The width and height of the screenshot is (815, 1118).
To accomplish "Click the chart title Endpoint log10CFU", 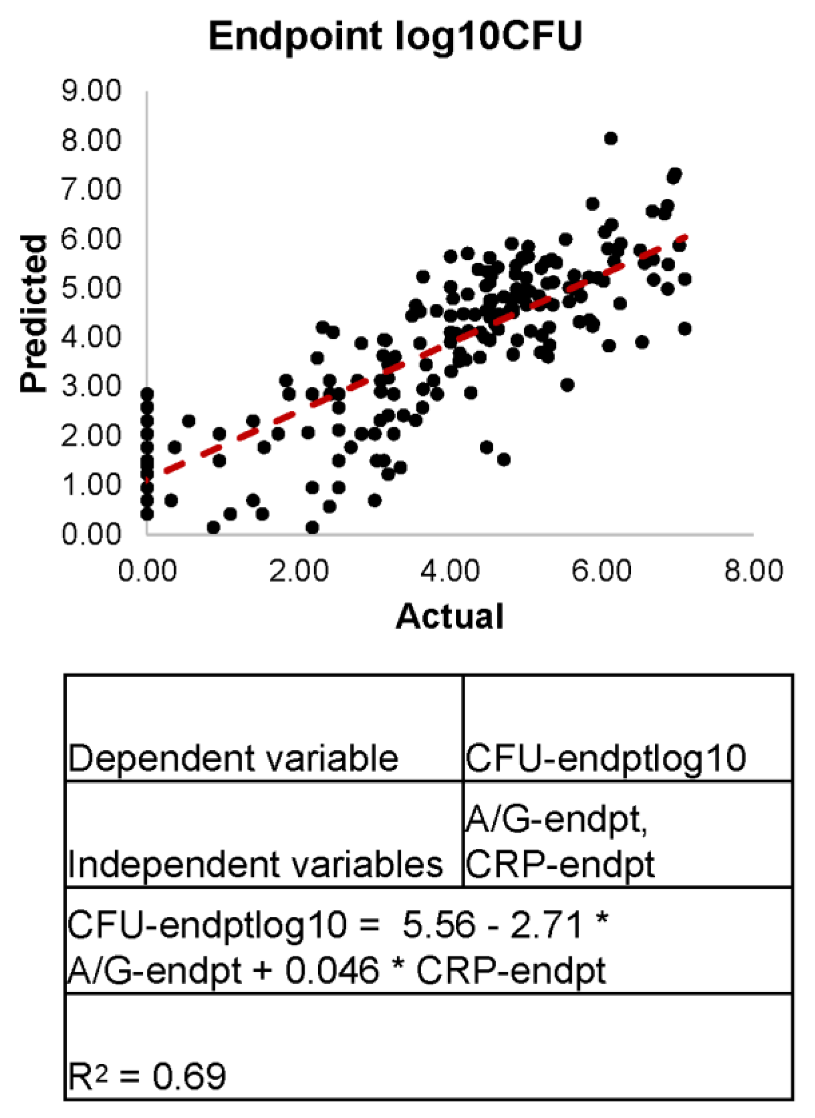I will tap(395, 37).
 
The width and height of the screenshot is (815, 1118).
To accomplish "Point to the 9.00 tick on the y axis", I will tap(91, 91).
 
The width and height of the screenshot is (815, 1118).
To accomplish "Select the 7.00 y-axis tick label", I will tap(91, 189).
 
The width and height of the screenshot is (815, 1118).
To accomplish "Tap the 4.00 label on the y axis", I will tap(91, 337).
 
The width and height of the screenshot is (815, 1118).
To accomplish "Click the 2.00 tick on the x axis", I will tap(299, 571).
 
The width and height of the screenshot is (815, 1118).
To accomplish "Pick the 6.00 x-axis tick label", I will tap(601, 571).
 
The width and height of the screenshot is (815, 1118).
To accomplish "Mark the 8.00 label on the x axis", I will tap(753, 571).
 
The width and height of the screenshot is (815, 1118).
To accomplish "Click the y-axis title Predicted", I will tap(33, 314).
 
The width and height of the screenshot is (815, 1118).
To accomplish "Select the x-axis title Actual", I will tap(450, 617).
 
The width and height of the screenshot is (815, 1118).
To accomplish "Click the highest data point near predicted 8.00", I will tap(611, 138).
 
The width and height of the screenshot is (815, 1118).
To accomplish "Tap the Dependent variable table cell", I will tap(233, 758).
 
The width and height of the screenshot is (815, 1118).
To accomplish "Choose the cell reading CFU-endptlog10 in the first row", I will tap(605, 758).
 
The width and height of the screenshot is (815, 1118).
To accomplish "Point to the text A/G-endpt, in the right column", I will tap(556, 820).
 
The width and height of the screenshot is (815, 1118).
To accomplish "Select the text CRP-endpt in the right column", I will tap(560, 865).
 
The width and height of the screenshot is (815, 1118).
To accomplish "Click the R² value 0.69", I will tap(189, 1077).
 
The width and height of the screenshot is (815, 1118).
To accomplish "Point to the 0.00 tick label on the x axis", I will tap(147, 571).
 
